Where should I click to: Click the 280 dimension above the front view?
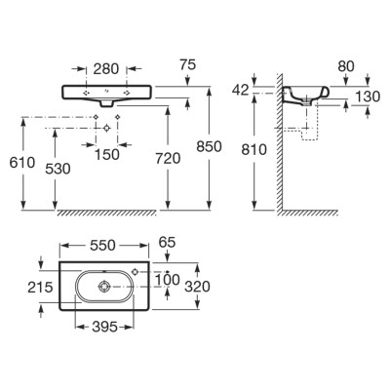[x=106, y=69]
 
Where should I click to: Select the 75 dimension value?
[x=188, y=64]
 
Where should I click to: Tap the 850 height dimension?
[x=209, y=147]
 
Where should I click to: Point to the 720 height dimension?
[x=168, y=159]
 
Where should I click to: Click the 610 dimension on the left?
[x=22, y=163]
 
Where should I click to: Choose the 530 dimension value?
[x=58, y=169]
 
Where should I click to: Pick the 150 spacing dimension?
[x=107, y=155]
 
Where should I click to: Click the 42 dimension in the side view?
[x=241, y=90]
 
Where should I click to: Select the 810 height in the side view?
[x=254, y=150]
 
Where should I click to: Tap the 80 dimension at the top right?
[x=346, y=66]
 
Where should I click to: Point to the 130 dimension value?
[x=368, y=97]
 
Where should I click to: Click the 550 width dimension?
[x=102, y=246]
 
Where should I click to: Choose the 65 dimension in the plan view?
[x=167, y=242]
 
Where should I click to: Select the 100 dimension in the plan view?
[x=167, y=280]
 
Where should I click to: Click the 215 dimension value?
[x=40, y=288]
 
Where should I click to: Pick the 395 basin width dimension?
[x=104, y=327]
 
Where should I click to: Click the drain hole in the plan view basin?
[x=104, y=287]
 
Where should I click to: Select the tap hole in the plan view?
[x=136, y=271]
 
